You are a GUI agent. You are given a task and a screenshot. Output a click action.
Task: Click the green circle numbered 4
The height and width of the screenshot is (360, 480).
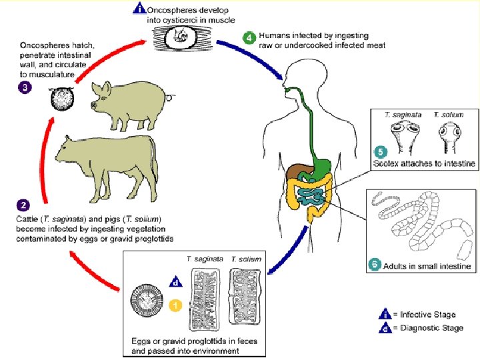click(248, 37)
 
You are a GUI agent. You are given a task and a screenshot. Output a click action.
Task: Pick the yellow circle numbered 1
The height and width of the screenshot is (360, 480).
click(174, 305)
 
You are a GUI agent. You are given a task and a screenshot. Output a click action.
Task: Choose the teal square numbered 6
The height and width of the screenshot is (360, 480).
click(375, 265)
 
